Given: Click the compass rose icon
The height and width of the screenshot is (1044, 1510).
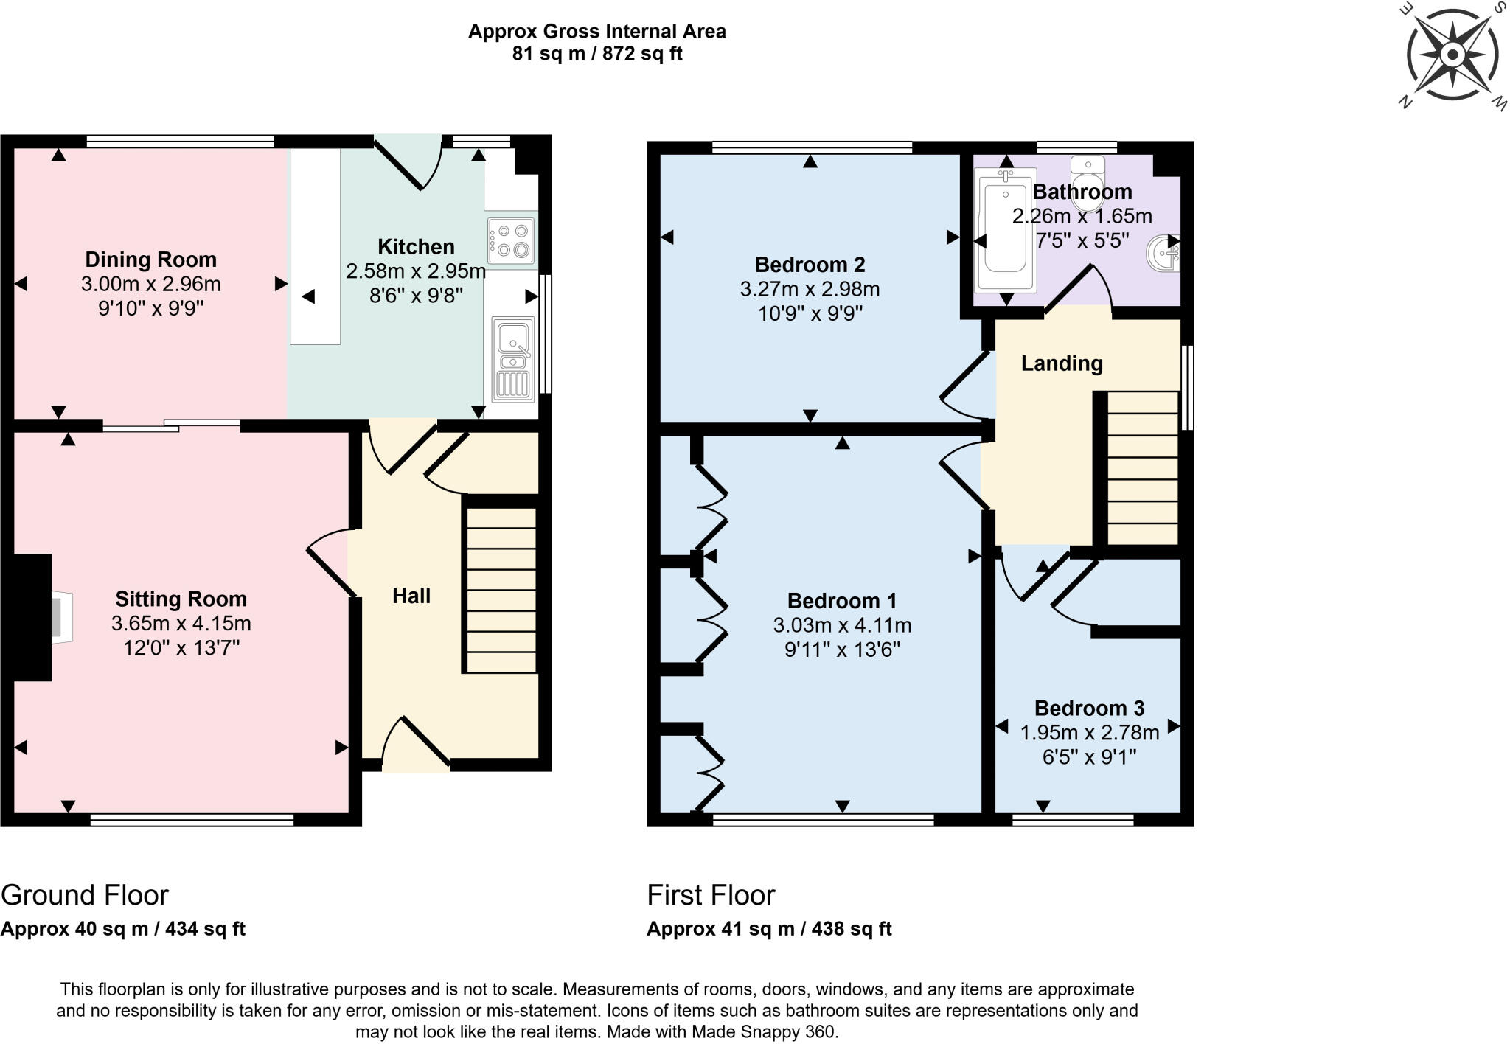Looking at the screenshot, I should (x=1452, y=55).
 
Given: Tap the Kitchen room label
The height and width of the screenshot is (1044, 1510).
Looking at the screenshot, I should (x=416, y=246).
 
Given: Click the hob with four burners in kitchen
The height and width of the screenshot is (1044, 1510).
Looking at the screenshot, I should (x=510, y=241).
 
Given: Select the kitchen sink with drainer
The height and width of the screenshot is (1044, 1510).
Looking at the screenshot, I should (x=513, y=359).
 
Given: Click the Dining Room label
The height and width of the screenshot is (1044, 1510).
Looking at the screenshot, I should (x=150, y=260).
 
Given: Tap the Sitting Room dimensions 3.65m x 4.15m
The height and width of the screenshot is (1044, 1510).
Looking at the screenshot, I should (x=181, y=624).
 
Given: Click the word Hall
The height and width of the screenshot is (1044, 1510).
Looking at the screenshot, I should (x=411, y=596).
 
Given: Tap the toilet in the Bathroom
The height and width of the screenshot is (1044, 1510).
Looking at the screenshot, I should (x=1088, y=175).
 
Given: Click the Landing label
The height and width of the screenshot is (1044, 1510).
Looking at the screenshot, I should (x=1061, y=363).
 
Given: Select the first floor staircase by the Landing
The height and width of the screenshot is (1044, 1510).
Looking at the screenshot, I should (x=1142, y=468).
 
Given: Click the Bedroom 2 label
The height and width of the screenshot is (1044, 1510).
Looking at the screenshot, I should (x=810, y=264).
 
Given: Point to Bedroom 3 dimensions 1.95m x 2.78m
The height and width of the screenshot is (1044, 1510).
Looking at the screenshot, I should (x=1089, y=733).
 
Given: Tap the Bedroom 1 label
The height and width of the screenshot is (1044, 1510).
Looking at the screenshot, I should (x=841, y=600).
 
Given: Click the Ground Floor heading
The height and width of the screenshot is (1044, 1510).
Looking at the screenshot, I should (x=85, y=895).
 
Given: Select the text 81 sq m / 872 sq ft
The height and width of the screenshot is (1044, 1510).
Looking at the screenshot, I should (x=596, y=54).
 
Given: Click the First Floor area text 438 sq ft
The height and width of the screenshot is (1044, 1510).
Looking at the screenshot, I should (x=851, y=929).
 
